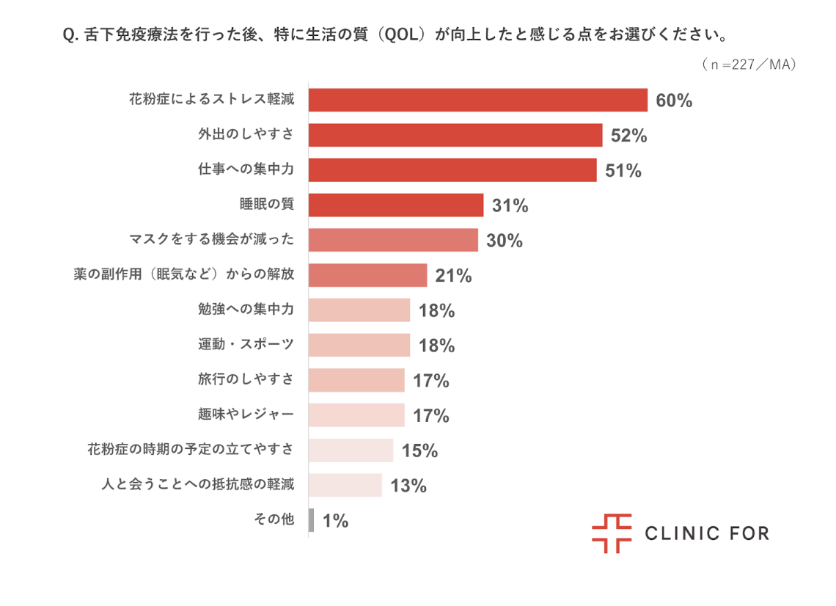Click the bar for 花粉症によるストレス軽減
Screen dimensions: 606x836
(477, 101)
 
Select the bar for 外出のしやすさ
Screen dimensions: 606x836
(455, 136)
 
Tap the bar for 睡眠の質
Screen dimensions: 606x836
(396, 205)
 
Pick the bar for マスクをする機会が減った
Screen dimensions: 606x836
(393, 240)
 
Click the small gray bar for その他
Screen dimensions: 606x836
(312, 520)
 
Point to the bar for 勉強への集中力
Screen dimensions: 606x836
(359, 310)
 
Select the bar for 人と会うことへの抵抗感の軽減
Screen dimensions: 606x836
(345, 485)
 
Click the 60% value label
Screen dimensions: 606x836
(674, 101)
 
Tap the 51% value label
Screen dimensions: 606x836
(623, 171)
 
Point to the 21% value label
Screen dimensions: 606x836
(453, 276)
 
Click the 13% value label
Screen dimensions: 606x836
(408, 486)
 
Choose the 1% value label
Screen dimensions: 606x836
(335, 521)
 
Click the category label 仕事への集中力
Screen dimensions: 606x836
(246, 170)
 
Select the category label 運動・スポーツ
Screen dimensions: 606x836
(246, 345)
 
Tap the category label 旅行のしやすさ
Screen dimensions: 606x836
(246, 379)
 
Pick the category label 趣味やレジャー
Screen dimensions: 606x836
(246, 415)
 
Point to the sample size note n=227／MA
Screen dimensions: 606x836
(748, 65)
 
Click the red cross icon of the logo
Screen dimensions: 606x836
(612, 533)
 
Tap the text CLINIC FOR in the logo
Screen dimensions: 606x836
(707, 533)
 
